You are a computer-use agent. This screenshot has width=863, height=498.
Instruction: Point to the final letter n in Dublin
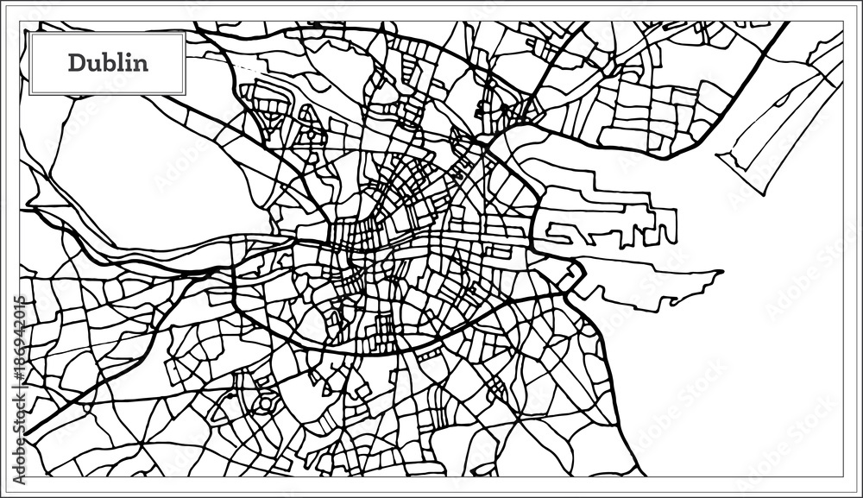coord(139,64)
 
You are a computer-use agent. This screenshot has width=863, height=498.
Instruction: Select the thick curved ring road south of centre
coord(388,345)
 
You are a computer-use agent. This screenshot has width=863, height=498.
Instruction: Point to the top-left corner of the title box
coord(30,34)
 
